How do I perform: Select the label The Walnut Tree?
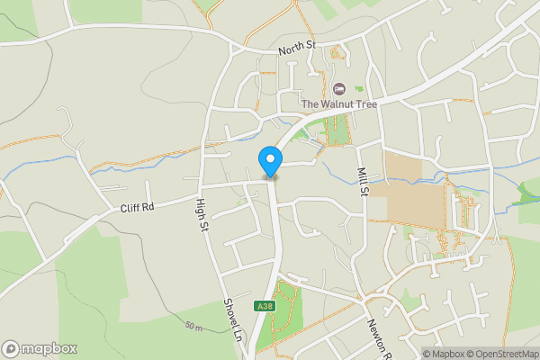[337, 104]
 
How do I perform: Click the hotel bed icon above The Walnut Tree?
[338, 88]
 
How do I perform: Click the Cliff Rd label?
[138, 207]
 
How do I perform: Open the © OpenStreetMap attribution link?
[505, 354]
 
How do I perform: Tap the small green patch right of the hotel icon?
[358, 89]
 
